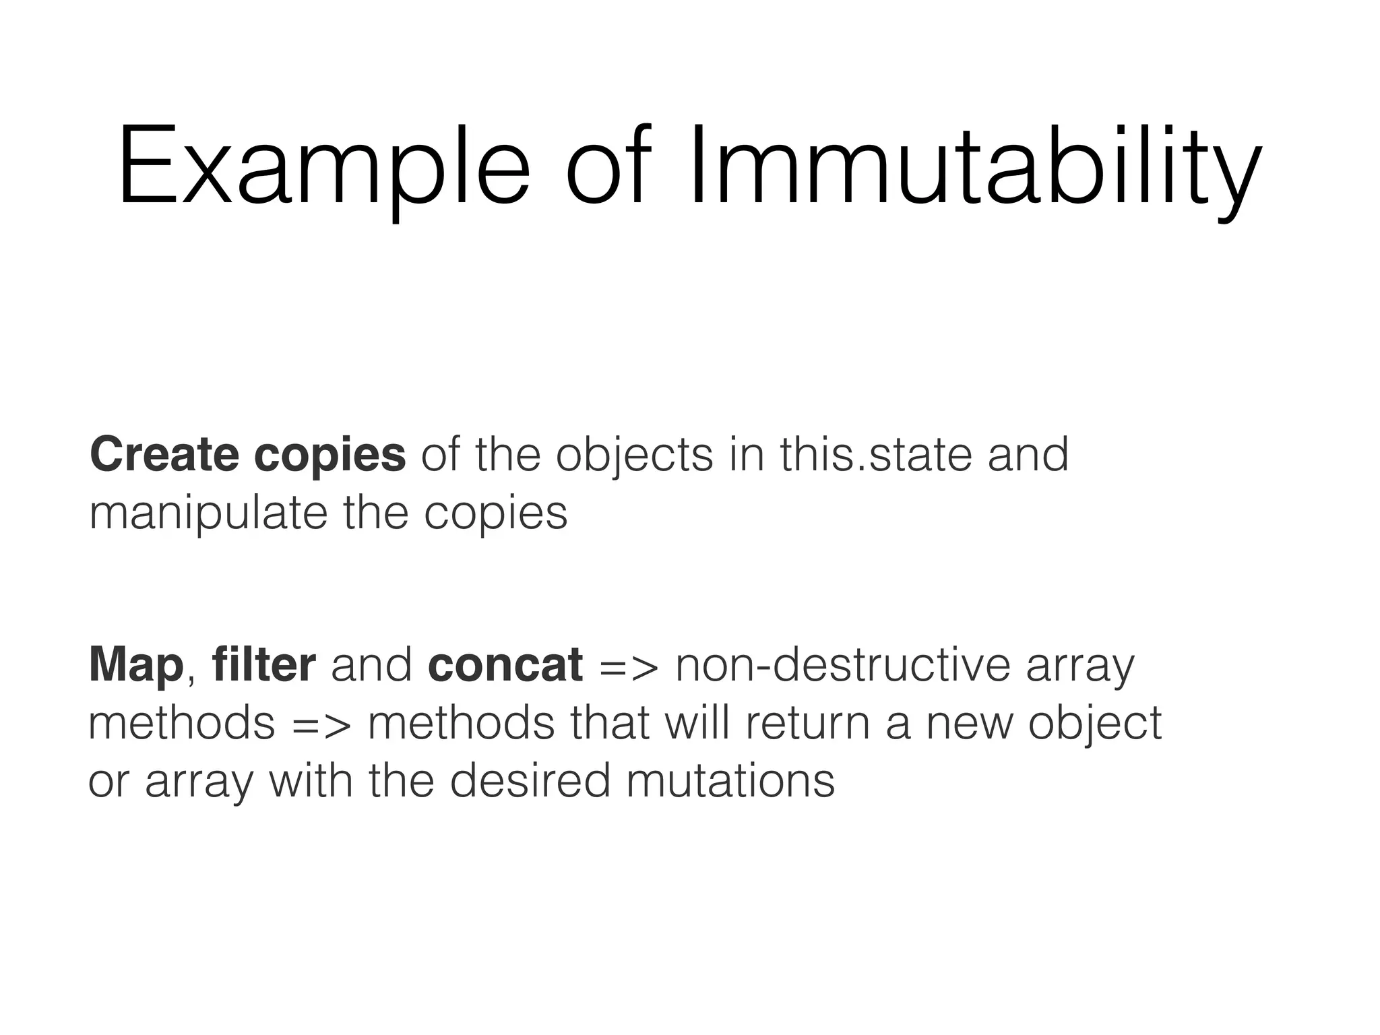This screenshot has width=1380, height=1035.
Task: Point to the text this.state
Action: pos(875,455)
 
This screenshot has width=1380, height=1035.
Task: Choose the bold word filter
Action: pos(263,664)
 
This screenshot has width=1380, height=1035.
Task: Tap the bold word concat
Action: pos(505,666)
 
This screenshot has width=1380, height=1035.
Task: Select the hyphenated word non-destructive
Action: pos(842,665)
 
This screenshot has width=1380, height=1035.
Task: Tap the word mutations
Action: pos(730,782)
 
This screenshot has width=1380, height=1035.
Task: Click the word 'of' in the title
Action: pos(610,166)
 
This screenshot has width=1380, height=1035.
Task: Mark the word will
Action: pos(693,722)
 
